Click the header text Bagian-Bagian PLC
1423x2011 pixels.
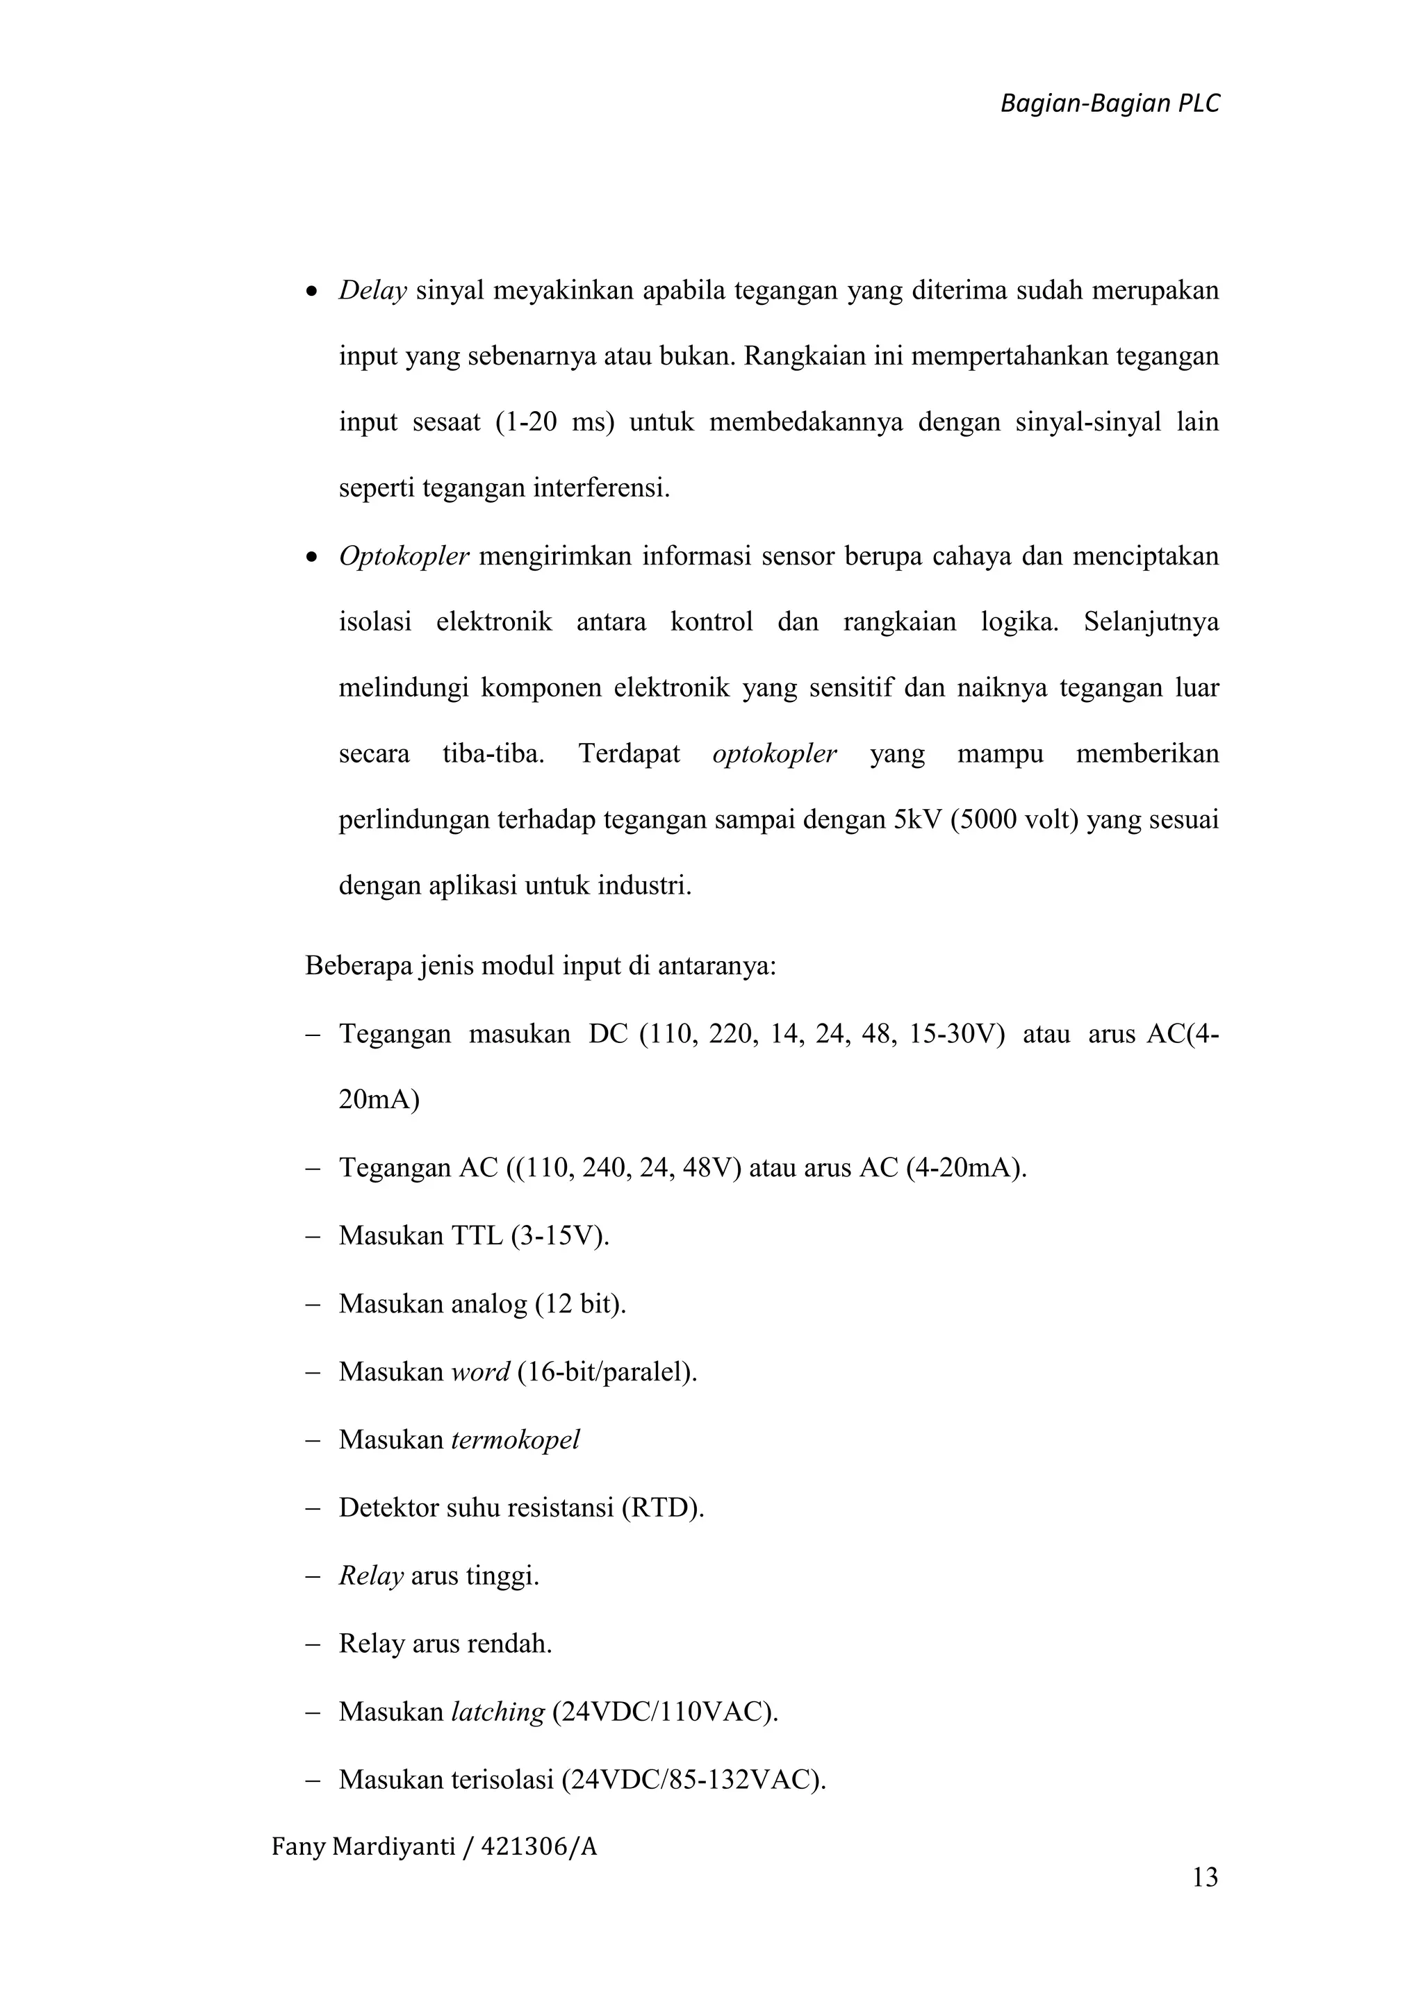[1110, 104]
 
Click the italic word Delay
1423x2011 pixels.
[372, 291]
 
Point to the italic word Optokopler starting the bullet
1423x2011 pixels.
[404, 556]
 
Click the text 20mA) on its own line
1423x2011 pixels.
[379, 1099]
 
